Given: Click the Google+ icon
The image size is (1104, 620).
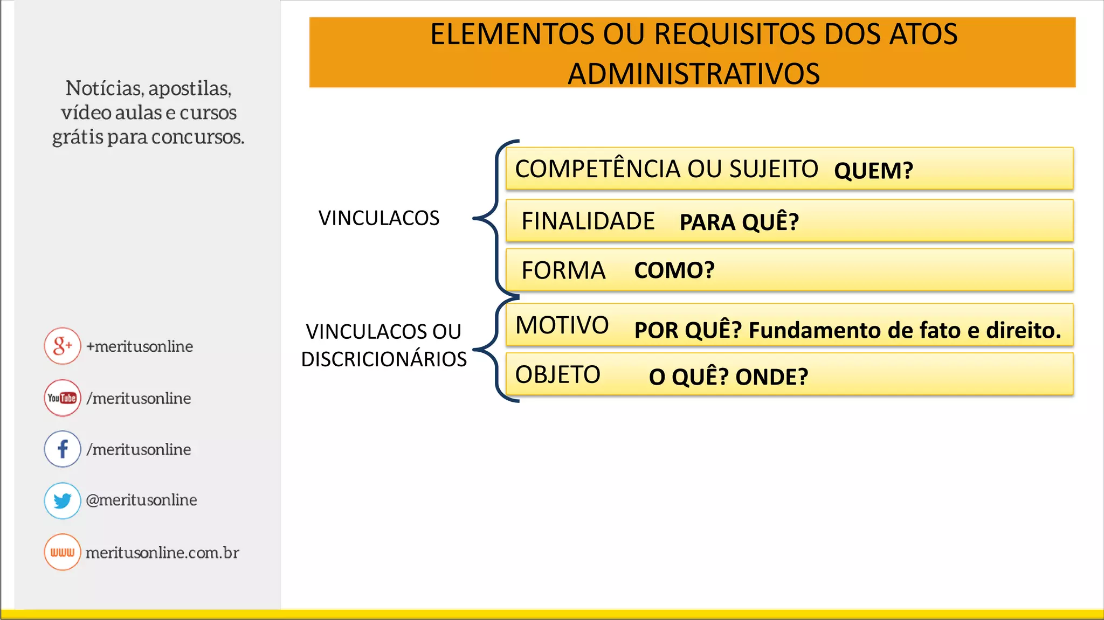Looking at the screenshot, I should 63,346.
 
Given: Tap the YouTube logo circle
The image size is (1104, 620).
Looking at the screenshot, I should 63,398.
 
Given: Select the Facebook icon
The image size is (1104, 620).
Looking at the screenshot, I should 63,449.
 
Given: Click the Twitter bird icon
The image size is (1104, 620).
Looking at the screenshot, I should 63,500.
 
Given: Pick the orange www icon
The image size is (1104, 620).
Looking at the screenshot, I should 63,552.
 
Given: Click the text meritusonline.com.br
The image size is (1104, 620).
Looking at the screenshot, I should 162,553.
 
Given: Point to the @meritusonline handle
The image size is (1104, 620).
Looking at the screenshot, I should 141,500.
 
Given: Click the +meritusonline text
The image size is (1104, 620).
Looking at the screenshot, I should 140,346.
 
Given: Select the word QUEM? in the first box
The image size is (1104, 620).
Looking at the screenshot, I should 873,171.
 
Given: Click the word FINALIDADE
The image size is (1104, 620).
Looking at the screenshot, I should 588,221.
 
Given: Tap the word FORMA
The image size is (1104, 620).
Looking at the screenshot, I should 563,270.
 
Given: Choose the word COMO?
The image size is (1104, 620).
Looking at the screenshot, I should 674,270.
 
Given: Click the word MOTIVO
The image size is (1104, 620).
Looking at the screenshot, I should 562,325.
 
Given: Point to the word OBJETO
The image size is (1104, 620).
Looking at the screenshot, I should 557,375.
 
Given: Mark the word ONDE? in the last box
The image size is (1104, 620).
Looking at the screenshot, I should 772,377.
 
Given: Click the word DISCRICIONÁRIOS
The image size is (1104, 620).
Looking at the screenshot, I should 384,359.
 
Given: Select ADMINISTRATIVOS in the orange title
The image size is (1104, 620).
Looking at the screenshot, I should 694,74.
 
